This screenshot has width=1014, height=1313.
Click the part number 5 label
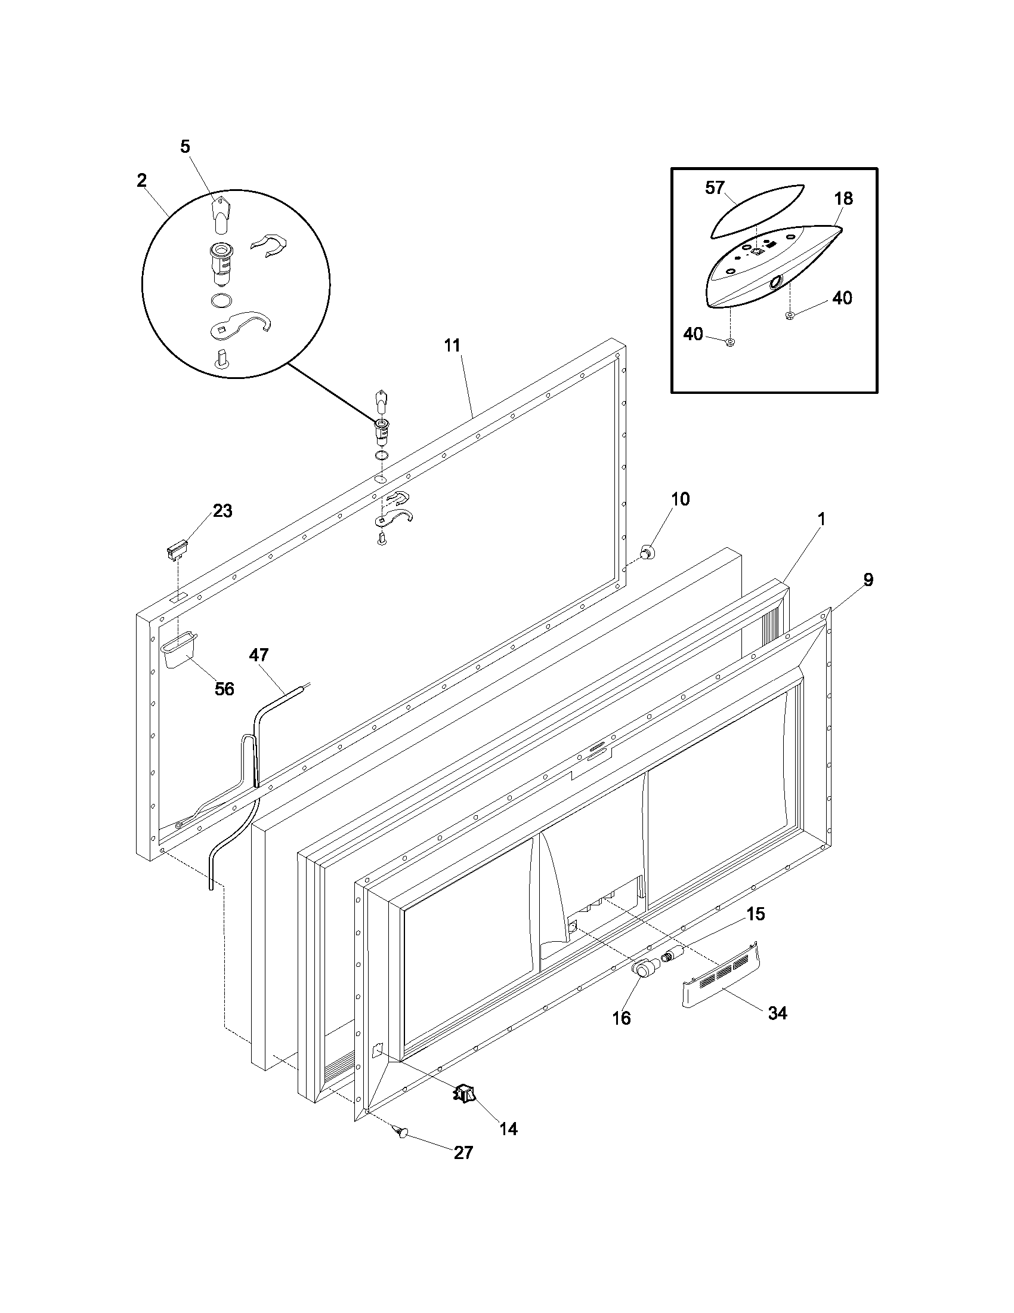(185, 146)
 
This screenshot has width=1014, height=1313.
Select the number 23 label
(222, 511)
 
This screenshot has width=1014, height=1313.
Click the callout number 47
(259, 655)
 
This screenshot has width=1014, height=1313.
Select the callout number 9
(868, 580)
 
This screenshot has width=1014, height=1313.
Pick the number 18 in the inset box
(843, 198)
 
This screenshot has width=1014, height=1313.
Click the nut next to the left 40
(729, 343)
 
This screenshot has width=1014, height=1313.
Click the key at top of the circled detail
(221, 214)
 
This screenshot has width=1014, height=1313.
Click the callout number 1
(821, 519)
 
